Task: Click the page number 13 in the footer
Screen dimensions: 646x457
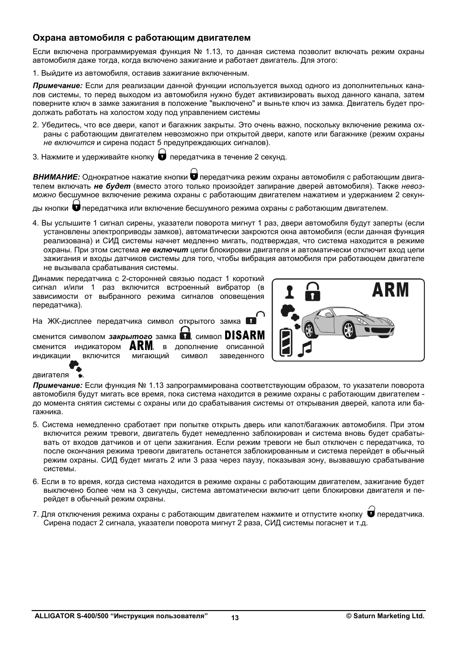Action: (x=235, y=618)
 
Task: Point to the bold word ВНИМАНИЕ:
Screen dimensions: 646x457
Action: (x=56, y=177)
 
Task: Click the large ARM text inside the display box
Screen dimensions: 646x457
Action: (x=390, y=290)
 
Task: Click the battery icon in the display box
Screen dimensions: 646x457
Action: (x=286, y=343)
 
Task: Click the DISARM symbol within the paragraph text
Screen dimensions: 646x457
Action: (x=244, y=335)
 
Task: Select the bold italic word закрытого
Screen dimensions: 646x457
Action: (x=130, y=337)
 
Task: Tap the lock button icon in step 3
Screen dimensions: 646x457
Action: (x=162, y=155)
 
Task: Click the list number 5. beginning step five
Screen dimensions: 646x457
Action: (x=35, y=425)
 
